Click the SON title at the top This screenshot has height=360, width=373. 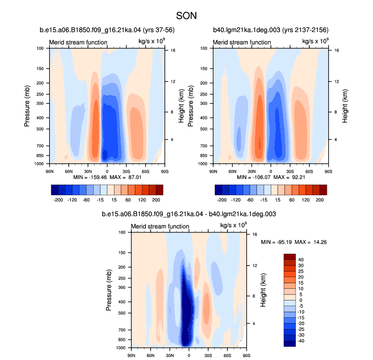pyautogui.click(x=186, y=16)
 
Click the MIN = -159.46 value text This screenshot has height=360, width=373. pyautogui.click(x=90, y=177)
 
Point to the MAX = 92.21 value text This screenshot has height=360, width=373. pyautogui.click(x=289, y=177)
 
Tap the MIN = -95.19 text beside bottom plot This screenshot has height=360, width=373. pyautogui.click(x=276, y=242)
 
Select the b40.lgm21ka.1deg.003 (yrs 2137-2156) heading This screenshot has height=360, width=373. pyautogui.click(x=271, y=30)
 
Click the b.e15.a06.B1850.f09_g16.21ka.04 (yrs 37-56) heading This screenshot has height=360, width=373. pyautogui.click(x=107, y=30)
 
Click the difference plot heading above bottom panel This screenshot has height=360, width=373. pyautogui.click(x=189, y=214)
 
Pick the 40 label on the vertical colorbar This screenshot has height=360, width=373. pyautogui.click(x=301, y=260)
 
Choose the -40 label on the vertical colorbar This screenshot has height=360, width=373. pyautogui.click(x=301, y=341)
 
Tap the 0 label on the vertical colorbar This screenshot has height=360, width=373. pyautogui.click(x=301, y=300)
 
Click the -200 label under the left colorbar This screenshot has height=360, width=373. pyautogui.click(x=58, y=200)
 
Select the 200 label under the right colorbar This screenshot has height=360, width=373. pyautogui.click(x=320, y=200)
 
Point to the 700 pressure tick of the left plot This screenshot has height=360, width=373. pyautogui.click(x=40, y=145)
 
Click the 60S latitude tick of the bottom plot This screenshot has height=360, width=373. pyautogui.click(x=227, y=355)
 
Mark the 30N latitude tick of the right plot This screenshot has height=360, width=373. pyautogui.click(x=251, y=171)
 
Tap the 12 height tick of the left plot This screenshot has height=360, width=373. pyautogui.click(x=173, y=81)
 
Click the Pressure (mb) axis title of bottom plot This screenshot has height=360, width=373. pyautogui.click(x=108, y=290)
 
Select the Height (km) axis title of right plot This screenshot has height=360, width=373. pyautogui.click(x=345, y=106)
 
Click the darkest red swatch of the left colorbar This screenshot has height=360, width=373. pyautogui.click(x=159, y=190)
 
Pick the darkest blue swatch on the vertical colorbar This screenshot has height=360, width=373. pyautogui.click(x=290, y=344)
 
